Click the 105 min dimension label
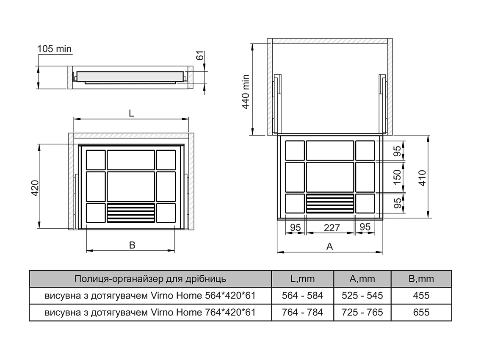pos(55,49)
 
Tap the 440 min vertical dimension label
pos(245,93)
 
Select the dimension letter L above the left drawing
pos(131,114)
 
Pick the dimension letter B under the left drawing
pos(132,245)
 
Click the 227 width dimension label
pos(332,227)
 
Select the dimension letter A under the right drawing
pos(330,246)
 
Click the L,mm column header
pos(302,279)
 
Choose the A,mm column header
pos(362,279)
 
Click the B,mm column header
pos(421,279)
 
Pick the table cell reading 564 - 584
pos(302,296)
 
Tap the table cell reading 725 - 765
pos(362,312)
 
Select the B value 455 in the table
pos(421,296)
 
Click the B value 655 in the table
pos(421,312)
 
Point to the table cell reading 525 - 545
pos(362,296)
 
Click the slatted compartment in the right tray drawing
pos(330,204)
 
